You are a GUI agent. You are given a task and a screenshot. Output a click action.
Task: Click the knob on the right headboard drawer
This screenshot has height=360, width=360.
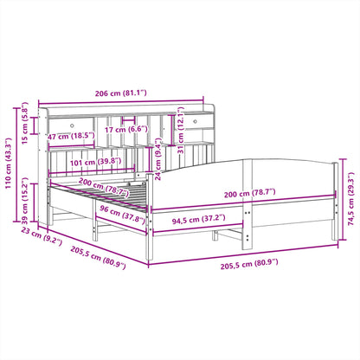191,122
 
